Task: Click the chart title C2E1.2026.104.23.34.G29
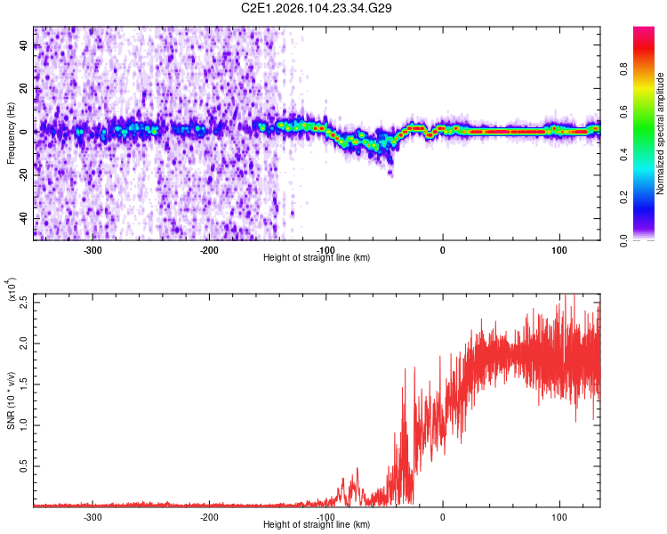tap(317, 8)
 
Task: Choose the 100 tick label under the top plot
tap(559, 250)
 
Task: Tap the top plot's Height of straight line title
tap(317, 258)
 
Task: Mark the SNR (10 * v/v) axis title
tap(11, 400)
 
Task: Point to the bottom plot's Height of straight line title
tap(317, 525)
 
